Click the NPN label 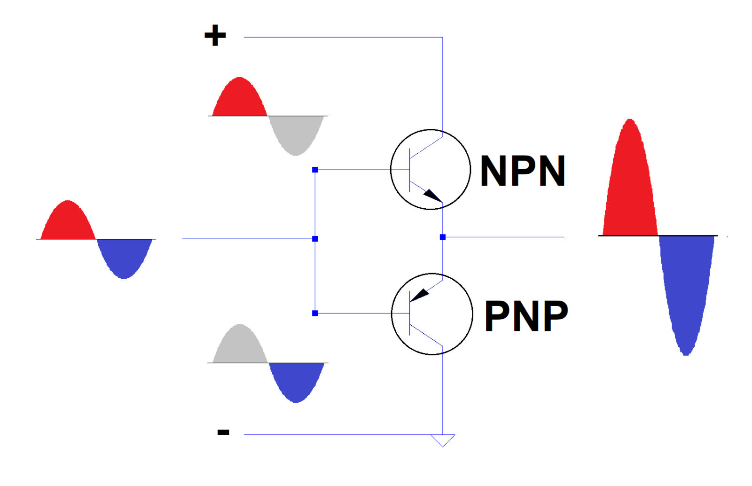point(522,171)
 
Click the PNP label point(526,316)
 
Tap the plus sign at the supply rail point(215,36)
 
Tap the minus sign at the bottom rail point(223,432)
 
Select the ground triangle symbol point(442,439)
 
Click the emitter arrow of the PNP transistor point(420,295)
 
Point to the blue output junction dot point(442,237)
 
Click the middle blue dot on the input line point(315,239)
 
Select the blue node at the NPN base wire point(315,170)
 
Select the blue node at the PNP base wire point(315,313)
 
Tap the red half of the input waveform point(68,223)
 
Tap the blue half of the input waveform point(124,256)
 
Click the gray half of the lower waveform point(240,346)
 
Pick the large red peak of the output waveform point(630,188)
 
